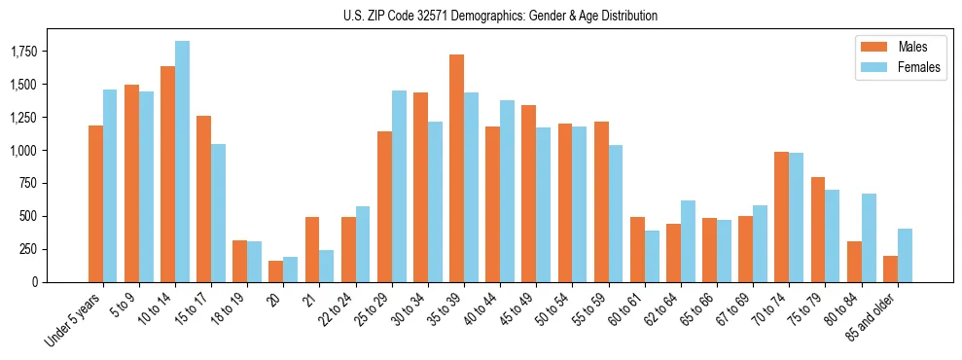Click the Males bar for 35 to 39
[456, 168]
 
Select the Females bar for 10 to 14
[182, 162]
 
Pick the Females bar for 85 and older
[905, 255]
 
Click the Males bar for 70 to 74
[781, 217]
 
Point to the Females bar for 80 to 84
[869, 237]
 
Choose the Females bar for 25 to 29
[399, 186]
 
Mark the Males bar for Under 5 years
[95, 203]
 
